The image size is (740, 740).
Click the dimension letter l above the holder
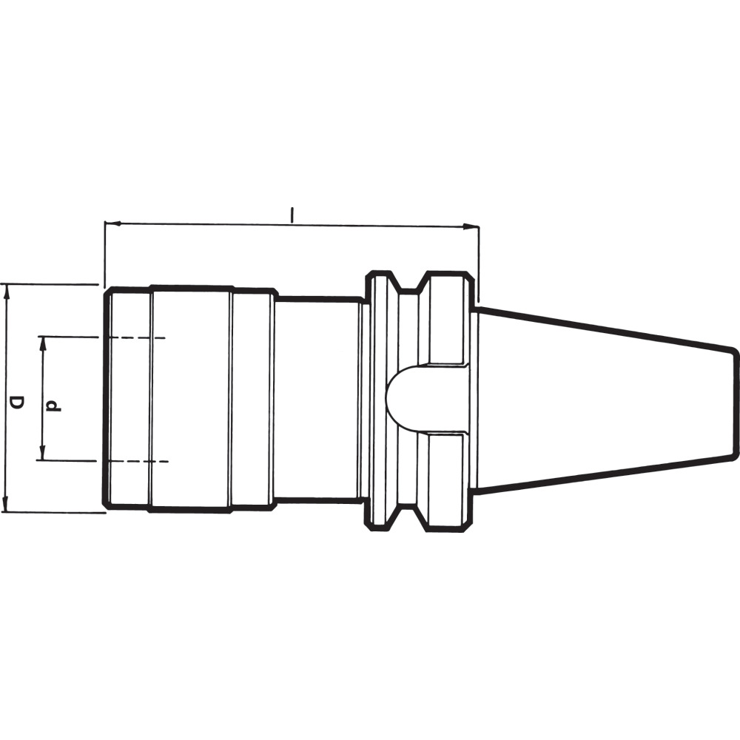point(292,215)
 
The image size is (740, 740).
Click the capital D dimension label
point(16,403)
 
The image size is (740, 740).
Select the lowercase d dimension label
point(53,404)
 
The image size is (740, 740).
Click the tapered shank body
point(599,400)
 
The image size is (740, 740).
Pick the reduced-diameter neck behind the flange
point(318,400)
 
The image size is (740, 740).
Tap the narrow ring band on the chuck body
point(252,400)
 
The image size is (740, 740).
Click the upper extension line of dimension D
point(52,283)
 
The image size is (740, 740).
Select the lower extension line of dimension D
point(52,511)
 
